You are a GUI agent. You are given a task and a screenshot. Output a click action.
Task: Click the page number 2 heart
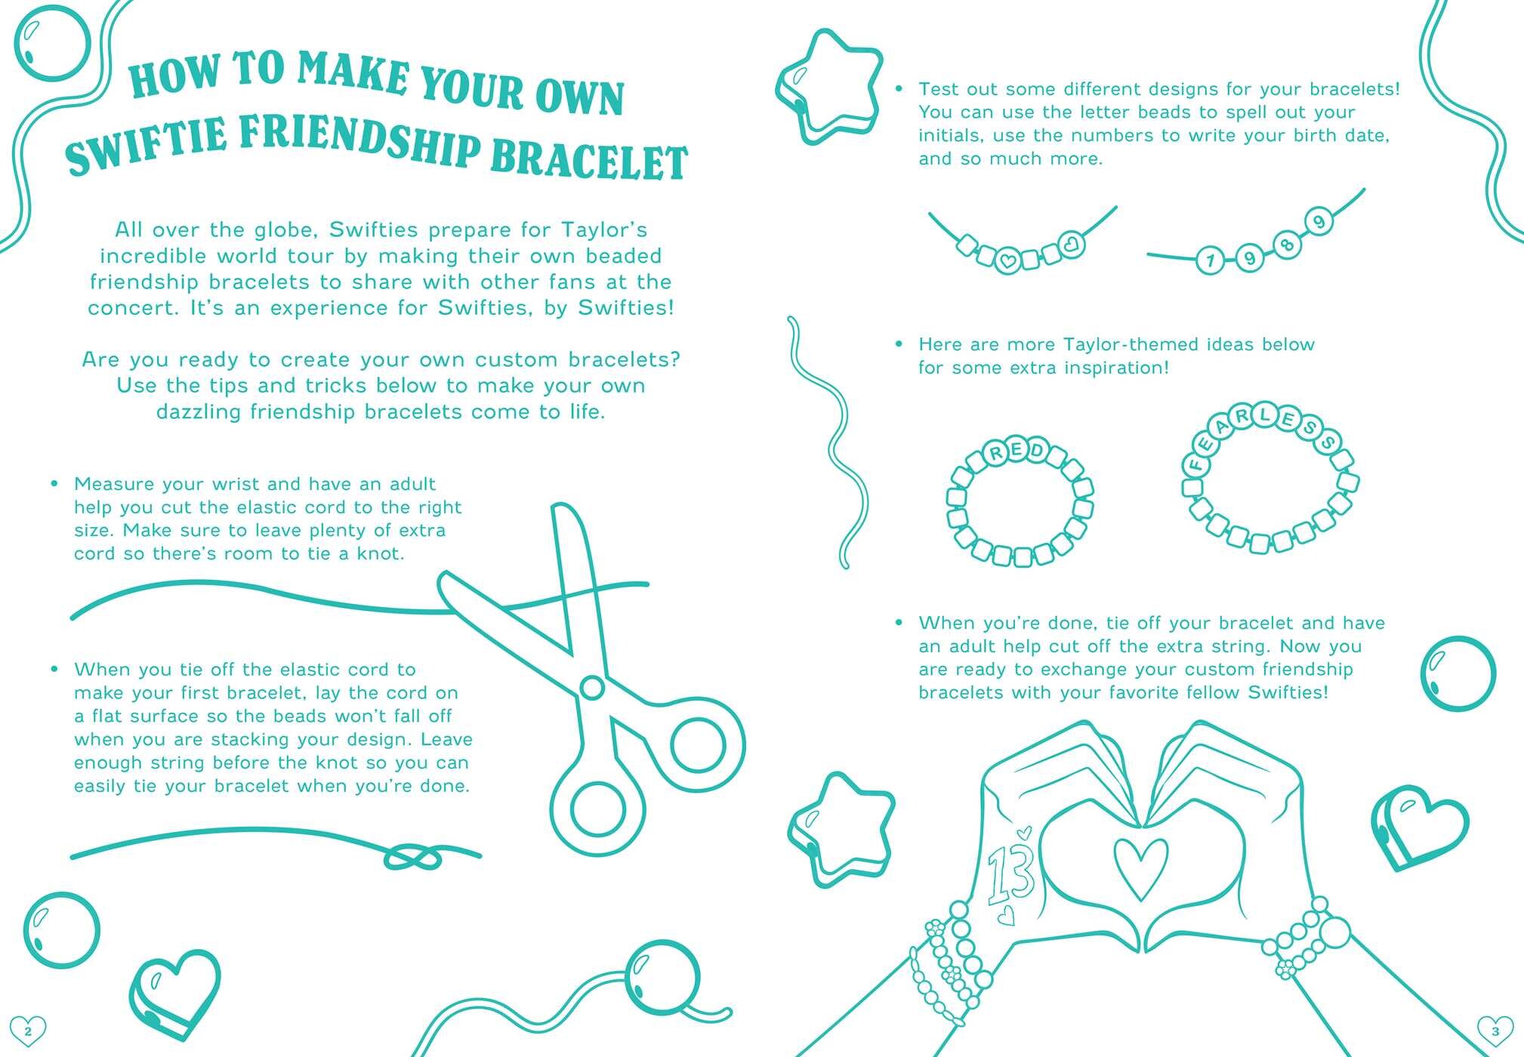tap(28, 1030)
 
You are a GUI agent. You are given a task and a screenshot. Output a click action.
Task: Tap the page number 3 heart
tap(1495, 1030)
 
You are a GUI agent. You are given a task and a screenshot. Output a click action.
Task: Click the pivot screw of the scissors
tap(592, 687)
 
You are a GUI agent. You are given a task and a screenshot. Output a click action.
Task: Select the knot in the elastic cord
tap(413, 857)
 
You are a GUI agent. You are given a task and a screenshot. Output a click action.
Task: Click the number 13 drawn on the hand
tap(1010, 872)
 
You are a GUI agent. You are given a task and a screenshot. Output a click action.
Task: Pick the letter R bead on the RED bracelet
tap(996, 454)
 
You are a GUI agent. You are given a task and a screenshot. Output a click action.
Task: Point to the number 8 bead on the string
tap(1288, 243)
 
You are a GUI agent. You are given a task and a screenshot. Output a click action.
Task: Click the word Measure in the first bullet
tap(115, 484)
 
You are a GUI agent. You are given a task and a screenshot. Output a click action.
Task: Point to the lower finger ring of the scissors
tap(599, 809)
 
